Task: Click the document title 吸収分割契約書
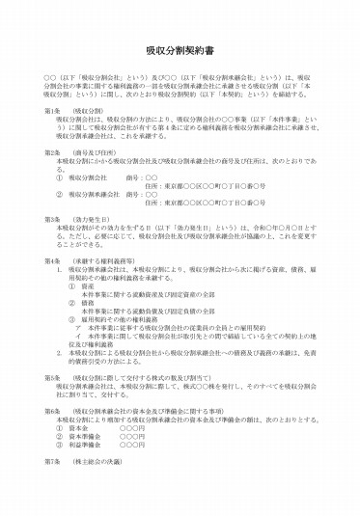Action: click(x=180, y=44)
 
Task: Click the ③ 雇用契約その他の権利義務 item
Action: click(x=121, y=317)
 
